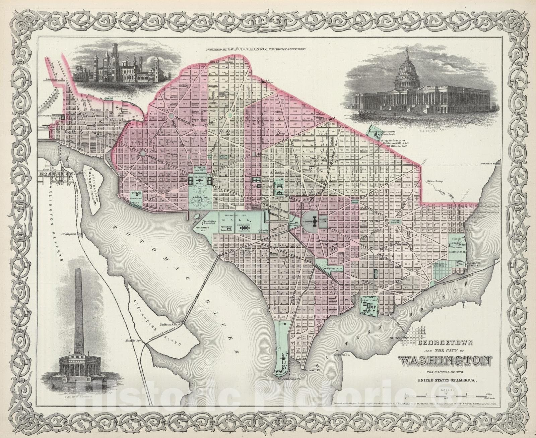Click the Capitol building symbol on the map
click(x=314, y=222)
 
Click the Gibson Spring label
click(x=435, y=181)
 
